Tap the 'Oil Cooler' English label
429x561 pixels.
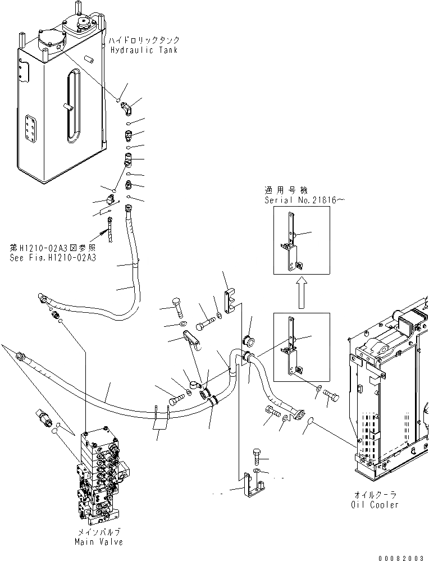(x=377, y=505)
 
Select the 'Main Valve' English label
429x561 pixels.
(x=98, y=542)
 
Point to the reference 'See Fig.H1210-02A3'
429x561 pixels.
(x=53, y=258)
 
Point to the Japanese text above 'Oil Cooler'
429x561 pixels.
(x=377, y=495)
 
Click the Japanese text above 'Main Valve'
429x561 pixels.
(x=98, y=532)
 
